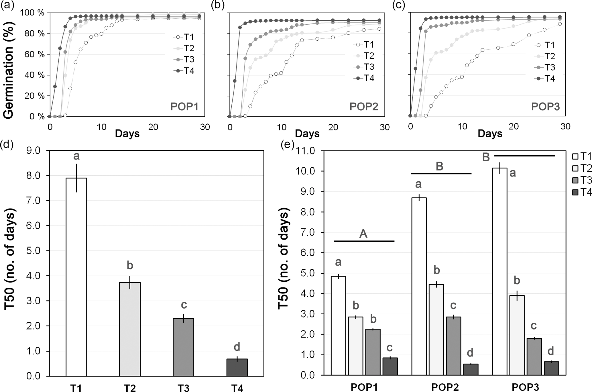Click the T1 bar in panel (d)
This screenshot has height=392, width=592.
pos(76,277)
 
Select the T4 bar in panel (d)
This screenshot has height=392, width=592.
pos(237,367)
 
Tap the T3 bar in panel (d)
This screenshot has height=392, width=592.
pos(183,347)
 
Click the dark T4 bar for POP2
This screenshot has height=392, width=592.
pos(471,369)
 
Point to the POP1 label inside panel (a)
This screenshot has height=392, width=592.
pos(184,107)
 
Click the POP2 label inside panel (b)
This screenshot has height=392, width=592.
pos(364,107)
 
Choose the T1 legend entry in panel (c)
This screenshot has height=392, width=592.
pos(545,45)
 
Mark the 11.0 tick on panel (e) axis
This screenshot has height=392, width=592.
pos(306,151)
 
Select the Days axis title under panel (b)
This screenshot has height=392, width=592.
pos(307,134)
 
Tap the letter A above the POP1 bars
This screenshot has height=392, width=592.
pos(363,234)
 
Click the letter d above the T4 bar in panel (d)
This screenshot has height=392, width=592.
pos(237,347)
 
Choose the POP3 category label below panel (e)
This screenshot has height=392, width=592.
pos(526,387)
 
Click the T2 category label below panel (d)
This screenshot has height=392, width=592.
pos(130,388)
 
